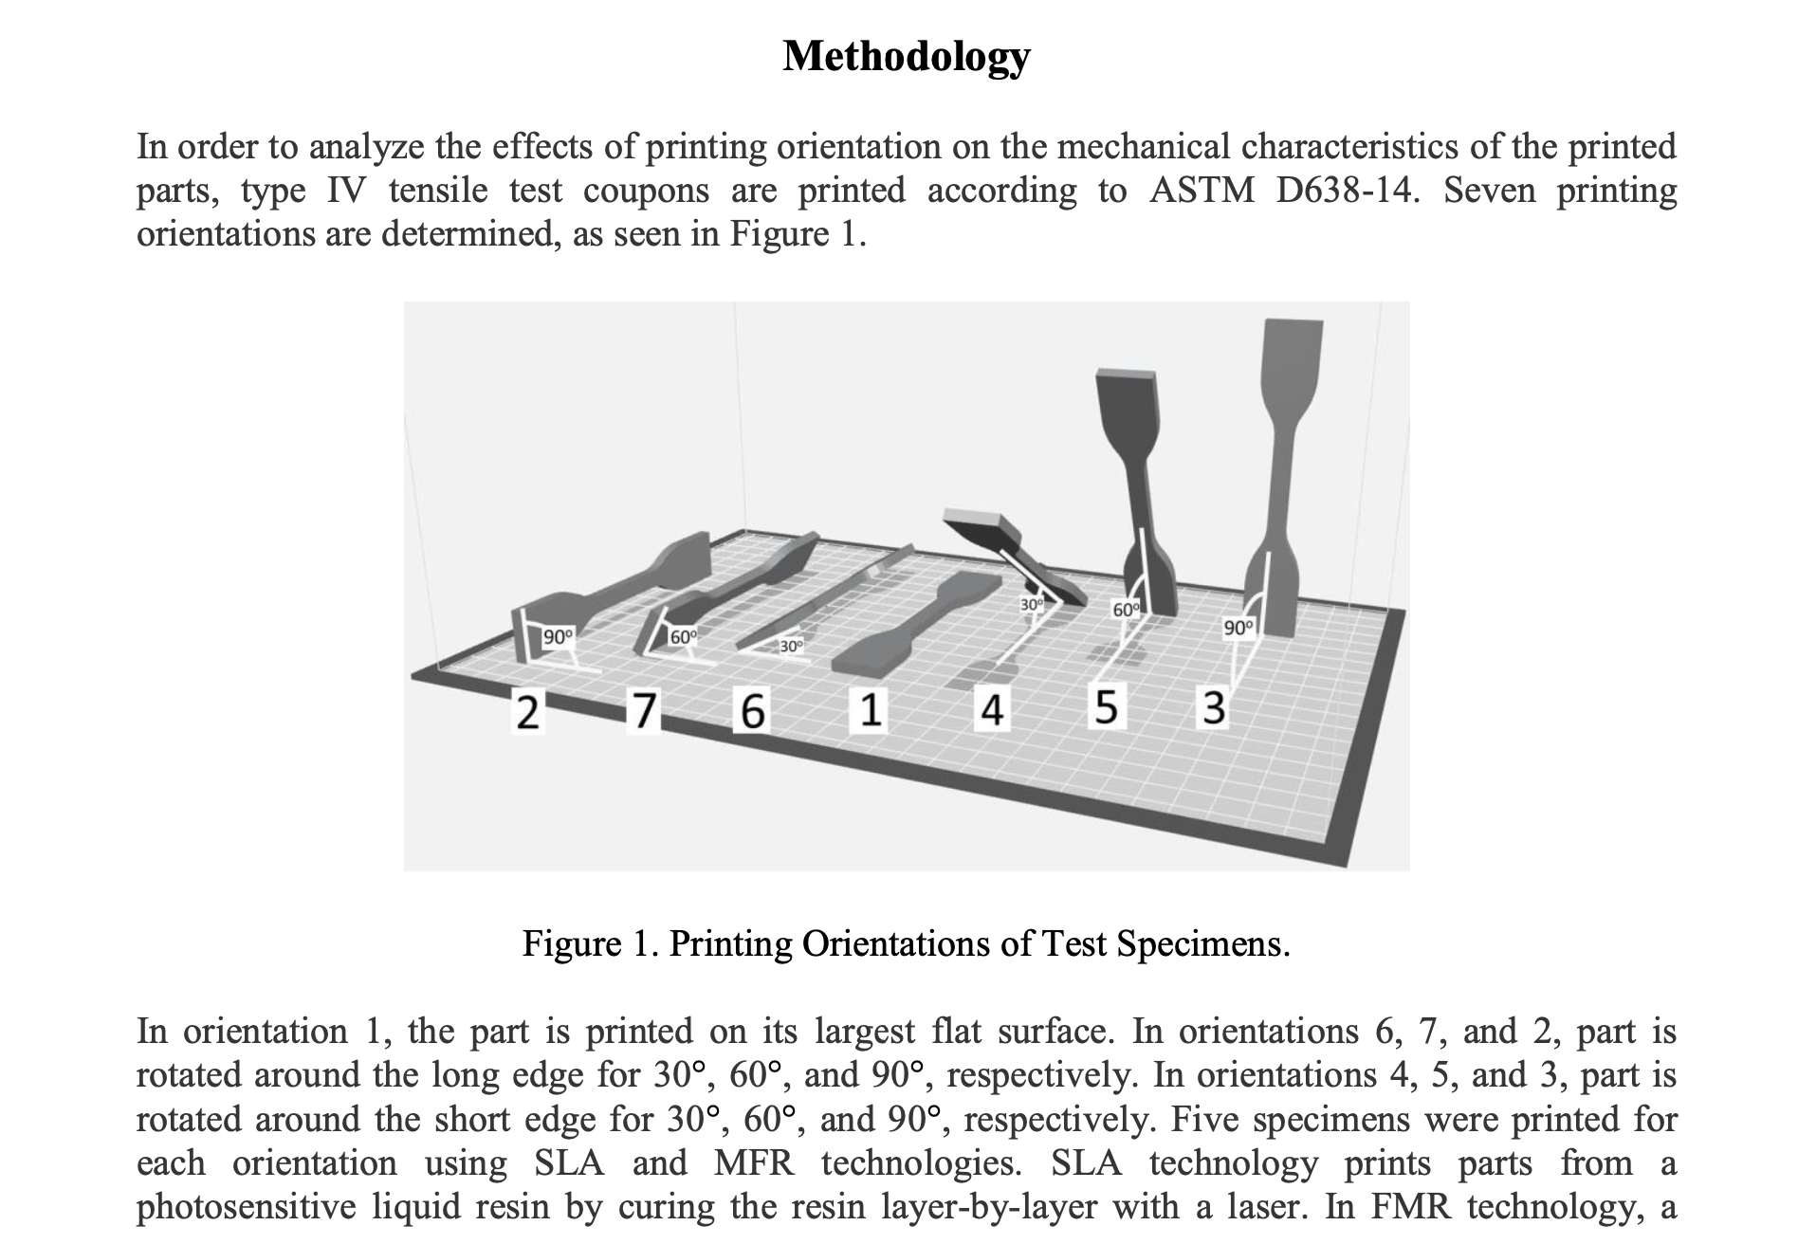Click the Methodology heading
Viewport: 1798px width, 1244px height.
tap(906, 56)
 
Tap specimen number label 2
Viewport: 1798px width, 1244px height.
tap(527, 712)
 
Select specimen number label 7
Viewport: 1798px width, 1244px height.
tap(644, 709)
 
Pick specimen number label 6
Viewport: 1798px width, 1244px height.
tap(752, 711)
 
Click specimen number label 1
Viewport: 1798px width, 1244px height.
tap(870, 710)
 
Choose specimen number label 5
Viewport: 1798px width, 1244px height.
tap(1106, 707)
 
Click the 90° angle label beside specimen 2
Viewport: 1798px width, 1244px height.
tap(558, 636)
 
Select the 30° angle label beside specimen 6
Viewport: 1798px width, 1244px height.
tap(791, 647)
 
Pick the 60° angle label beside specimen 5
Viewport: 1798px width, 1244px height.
tap(1126, 611)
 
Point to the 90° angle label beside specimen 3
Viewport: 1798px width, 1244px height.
tap(1238, 628)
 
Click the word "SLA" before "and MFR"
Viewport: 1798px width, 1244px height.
tap(569, 1162)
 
